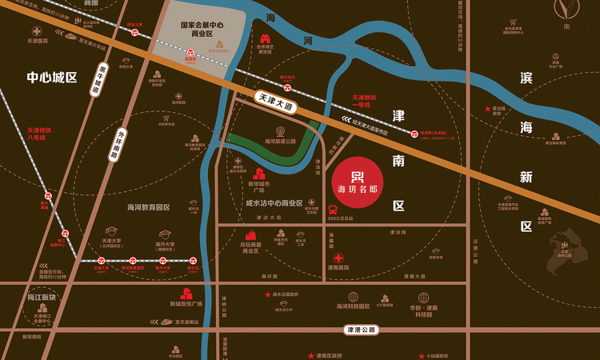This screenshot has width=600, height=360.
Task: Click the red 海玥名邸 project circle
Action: click(358, 181)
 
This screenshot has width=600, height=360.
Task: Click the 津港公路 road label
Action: click(360, 329)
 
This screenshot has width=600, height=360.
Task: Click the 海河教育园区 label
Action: click(149, 207)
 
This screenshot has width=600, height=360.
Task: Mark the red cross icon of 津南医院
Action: click(339, 258)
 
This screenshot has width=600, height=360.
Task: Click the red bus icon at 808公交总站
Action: click(333, 210)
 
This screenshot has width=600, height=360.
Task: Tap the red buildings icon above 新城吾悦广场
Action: click(186, 294)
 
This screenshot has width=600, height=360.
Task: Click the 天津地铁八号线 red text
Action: click(38, 134)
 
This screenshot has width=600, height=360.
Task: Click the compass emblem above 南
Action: click(567, 11)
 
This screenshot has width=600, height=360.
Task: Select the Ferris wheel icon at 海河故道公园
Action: click(280, 130)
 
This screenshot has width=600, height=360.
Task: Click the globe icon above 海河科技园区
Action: click(353, 296)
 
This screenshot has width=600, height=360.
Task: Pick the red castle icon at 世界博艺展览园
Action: click(265, 38)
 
